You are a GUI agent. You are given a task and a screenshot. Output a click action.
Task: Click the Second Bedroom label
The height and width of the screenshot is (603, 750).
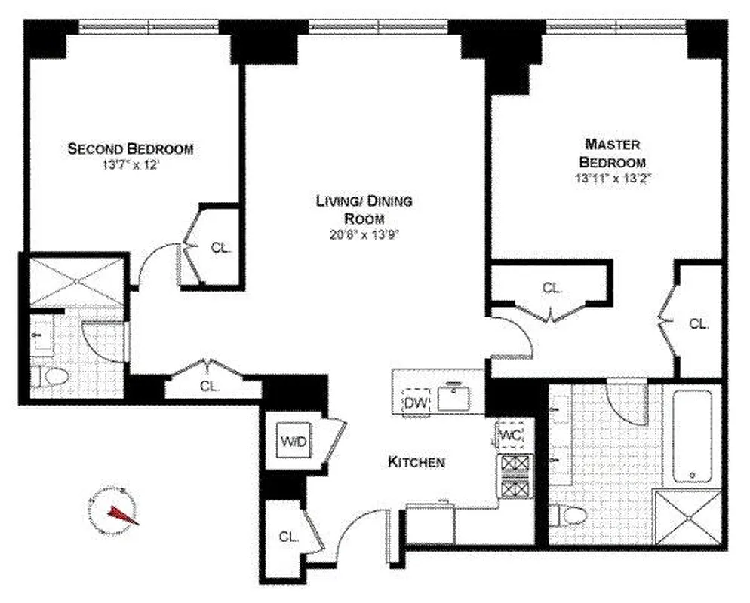[x=130, y=148]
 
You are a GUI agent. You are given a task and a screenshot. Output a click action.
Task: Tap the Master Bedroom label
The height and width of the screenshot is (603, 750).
[x=612, y=152]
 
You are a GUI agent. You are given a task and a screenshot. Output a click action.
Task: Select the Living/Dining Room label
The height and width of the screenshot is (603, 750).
[x=364, y=210]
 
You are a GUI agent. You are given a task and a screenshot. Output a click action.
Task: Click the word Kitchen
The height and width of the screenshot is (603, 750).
[x=416, y=462]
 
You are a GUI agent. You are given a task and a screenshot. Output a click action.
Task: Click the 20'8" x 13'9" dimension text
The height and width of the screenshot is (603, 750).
[x=364, y=234]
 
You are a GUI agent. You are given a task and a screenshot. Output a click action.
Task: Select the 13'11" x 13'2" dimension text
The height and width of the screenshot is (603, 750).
[x=612, y=179]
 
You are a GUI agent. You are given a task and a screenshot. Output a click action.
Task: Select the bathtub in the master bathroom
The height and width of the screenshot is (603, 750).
[x=692, y=436]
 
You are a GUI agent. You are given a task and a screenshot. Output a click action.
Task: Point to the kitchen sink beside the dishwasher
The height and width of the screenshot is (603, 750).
[x=455, y=398]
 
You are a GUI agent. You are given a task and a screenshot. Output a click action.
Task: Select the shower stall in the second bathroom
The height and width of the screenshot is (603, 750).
[x=77, y=280]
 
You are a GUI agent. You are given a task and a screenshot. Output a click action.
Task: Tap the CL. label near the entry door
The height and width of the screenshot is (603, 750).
[x=288, y=537]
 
